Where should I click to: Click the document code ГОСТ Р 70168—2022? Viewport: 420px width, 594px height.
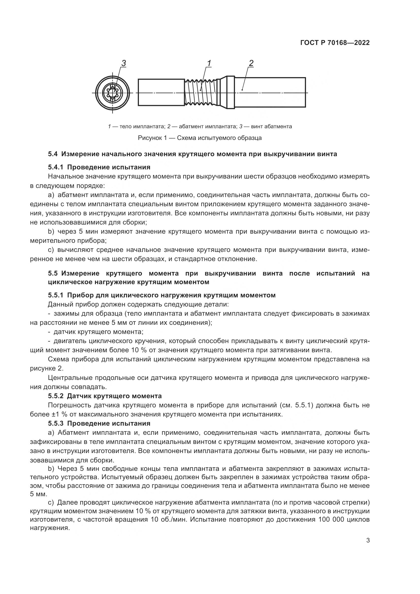click(335, 43)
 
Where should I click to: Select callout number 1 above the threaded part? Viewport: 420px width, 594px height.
click(209, 63)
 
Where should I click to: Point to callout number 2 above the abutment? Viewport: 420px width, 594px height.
click(251, 63)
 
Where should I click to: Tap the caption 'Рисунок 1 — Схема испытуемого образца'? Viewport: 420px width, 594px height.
click(200, 138)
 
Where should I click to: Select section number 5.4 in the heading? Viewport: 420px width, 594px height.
click(53, 154)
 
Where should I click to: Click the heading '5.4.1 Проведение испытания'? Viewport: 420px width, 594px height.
click(99, 167)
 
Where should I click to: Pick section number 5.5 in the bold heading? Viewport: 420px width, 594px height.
click(53, 274)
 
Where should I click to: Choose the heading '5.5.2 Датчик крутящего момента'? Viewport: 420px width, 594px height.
click(105, 396)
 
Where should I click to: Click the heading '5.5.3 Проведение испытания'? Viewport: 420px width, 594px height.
click(99, 424)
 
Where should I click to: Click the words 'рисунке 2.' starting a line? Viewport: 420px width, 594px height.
click(46, 368)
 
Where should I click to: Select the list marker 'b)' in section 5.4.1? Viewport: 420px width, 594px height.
click(51, 232)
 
